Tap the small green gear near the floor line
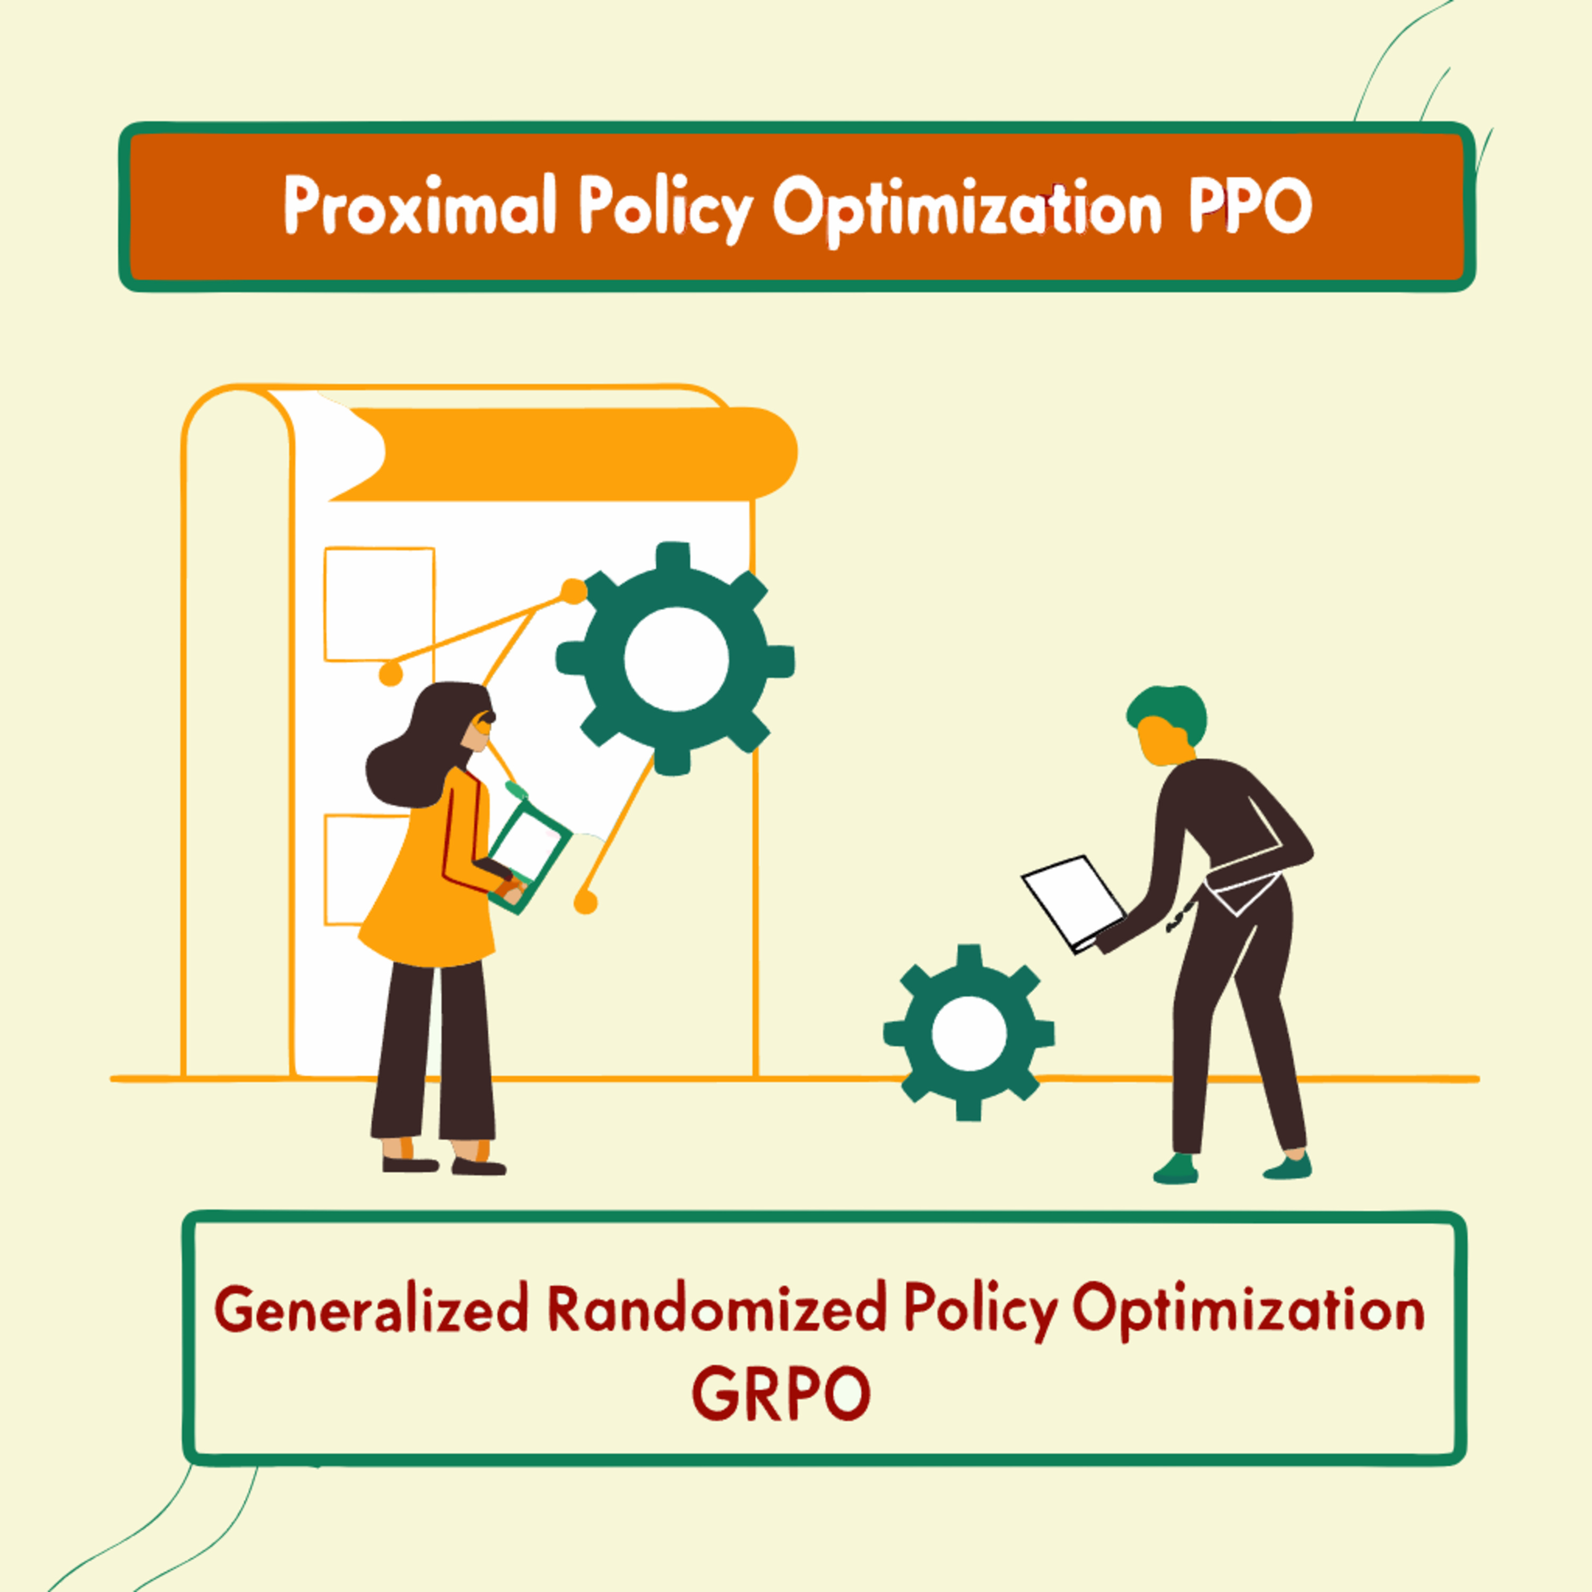tap(969, 1033)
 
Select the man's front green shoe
tap(1175, 1169)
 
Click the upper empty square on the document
tap(379, 604)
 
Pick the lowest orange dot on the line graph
tap(585, 902)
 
